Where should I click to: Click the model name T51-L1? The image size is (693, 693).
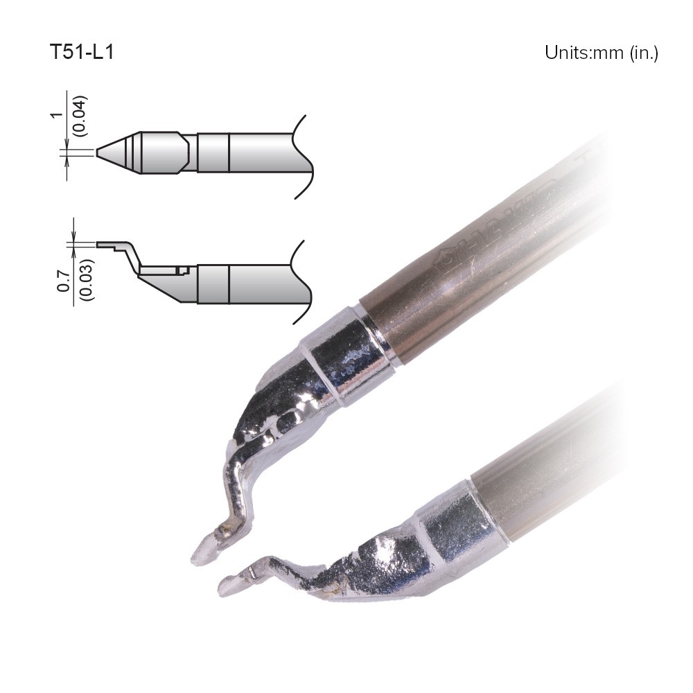tap(82, 52)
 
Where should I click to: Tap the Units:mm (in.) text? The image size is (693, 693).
tap(602, 53)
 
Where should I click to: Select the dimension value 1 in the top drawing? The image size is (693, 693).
tap(57, 115)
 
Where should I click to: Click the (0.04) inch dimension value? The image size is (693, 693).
tap(80, 115)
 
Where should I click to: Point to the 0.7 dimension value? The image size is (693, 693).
tap(64, 281)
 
